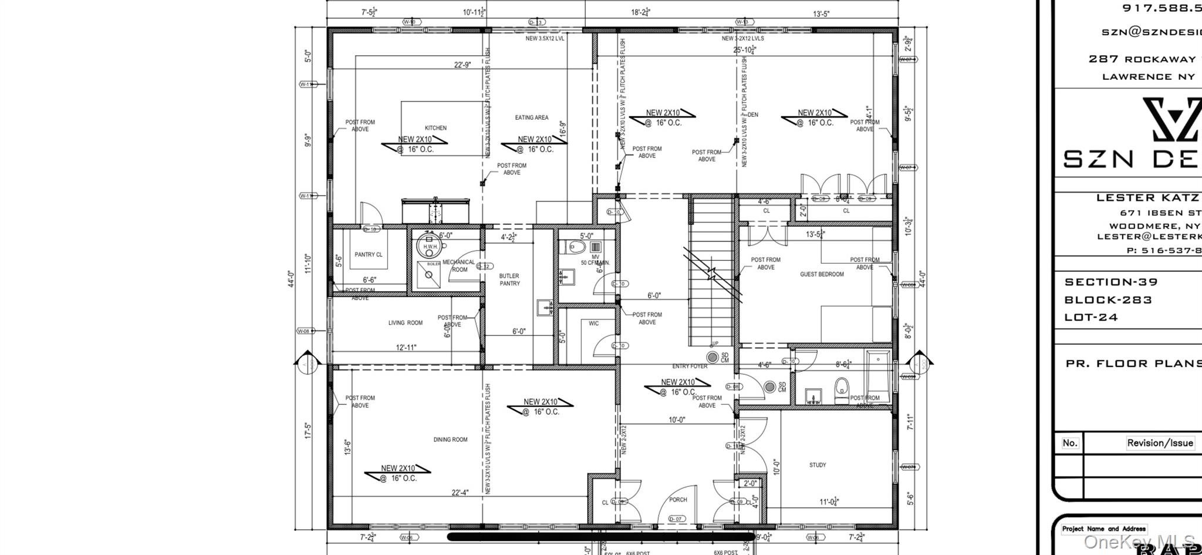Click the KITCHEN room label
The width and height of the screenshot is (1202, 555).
point(435,128)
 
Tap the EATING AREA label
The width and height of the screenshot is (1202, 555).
point(532,117)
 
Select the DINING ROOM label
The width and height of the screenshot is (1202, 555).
point(450,439)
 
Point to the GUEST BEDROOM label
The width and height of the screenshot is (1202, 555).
point(822,274)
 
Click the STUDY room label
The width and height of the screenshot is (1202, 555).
point(818,465)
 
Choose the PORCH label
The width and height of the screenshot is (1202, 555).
point(678,500)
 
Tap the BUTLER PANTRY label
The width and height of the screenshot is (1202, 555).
point(509,280)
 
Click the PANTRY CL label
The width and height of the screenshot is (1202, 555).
point(369,255)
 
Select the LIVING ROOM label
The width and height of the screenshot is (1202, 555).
point(405,322)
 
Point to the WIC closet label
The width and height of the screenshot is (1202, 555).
point(593,324)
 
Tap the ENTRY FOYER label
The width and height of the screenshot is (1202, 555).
point(690,366)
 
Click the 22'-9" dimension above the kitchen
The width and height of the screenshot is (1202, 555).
point(462,65)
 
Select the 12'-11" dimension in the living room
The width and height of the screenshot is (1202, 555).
point(406,348)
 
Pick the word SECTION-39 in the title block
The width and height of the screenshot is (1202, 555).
point(1111,282)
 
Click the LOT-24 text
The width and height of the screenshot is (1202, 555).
point(1091,317)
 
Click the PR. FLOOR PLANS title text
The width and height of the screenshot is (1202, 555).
point(1133,364)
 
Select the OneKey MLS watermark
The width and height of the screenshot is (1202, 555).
point(1139,541)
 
